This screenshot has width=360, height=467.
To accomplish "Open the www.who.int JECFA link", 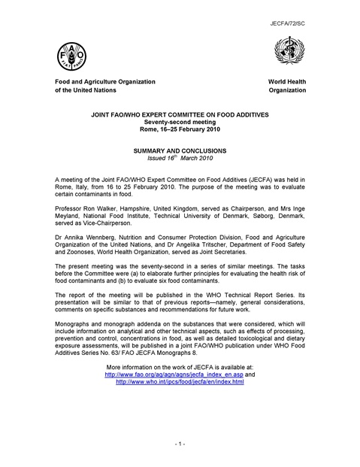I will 180,381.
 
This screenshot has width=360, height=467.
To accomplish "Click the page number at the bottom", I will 180,445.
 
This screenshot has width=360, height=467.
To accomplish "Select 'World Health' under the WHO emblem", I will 287,80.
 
